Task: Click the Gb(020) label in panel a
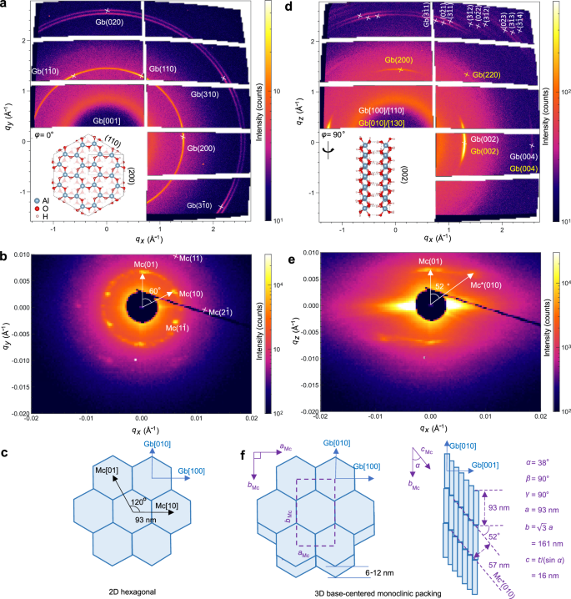click(x=108, y=23)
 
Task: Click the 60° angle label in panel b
click(x=153, y=289)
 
